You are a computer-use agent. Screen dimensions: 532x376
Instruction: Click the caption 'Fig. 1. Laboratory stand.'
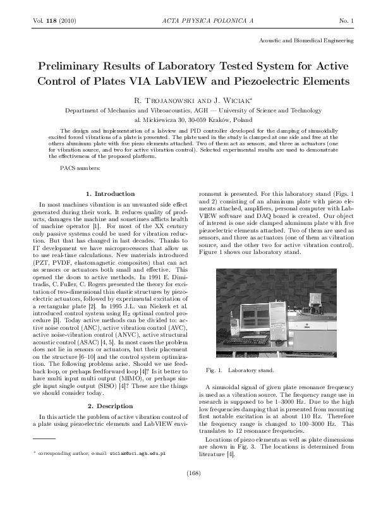click(x=240, y=370)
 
